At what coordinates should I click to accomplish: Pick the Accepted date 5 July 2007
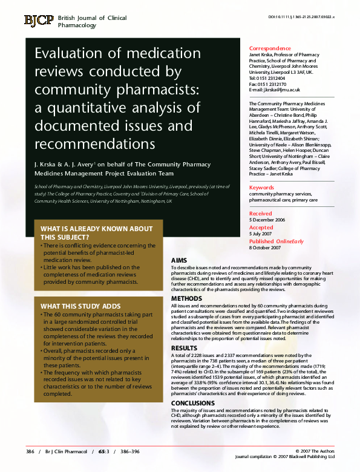pyautogui.click(x=263, y=233)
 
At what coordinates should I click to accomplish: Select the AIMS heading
pyautogui.click(x=179, y=260)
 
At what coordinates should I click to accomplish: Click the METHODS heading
pyautogui.click(x=187, y=299)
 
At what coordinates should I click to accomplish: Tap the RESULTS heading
pyautogui.click(x=185, y=348)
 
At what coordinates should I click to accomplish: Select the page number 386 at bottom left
pyautogui.click(x=30, y=452)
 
